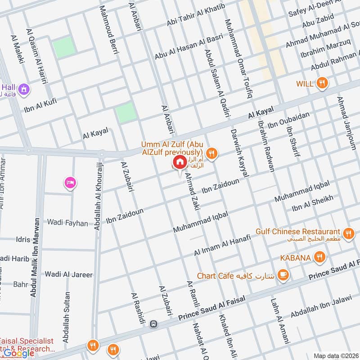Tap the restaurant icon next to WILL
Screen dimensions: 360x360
pyautogui.click(x=322, y=83)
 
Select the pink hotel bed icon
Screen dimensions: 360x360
pyautogui.click(x=71, y=182)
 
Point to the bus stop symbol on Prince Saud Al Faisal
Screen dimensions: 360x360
pyautogui.click(x=154, y=324)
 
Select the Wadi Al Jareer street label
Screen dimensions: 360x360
pyautogui.click(x=68, y=274)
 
